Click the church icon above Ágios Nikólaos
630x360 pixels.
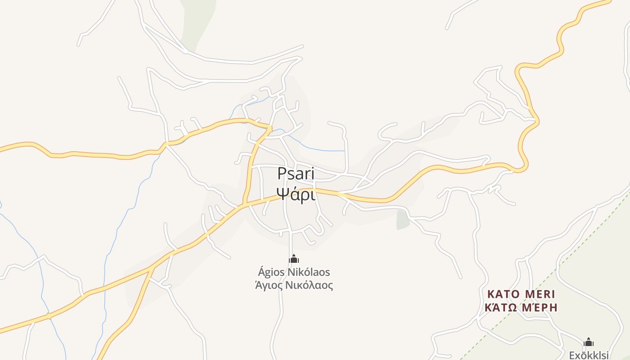pyautogui.click(x=294, y=259)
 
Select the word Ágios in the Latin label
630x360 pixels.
pyautogui.click(x=271, y=272)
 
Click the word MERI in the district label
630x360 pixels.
pyautogui.click(x=540, y=294)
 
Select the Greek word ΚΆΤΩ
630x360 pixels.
pyautogui.click(x=500, y=308)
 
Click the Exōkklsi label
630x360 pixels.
pyautogui.click(x=589, y=355)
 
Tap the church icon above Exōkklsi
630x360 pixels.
pyautogui.click(x=589, y=342)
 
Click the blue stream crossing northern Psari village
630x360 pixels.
pyautogui.click(x=315, y=149)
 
